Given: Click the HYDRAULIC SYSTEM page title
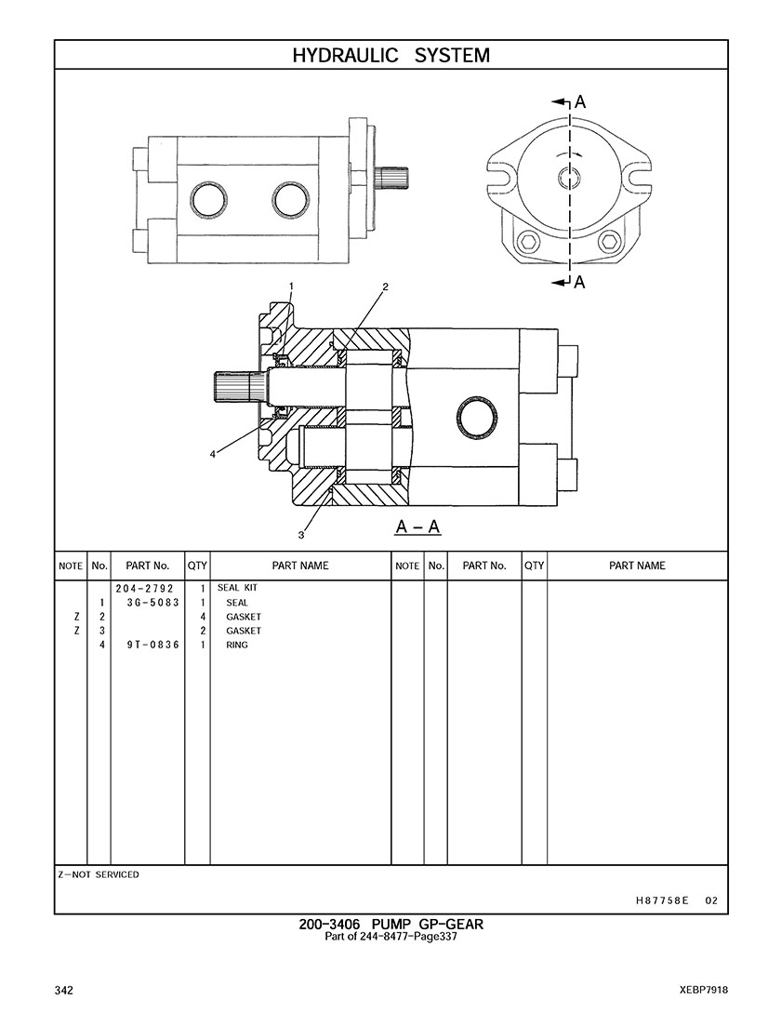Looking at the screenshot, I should coord(390,56).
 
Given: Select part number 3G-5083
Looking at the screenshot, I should coord(152,603).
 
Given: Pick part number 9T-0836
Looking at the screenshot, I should coord(152,645).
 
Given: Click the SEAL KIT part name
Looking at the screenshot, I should coord(237,589).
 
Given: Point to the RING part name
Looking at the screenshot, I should coord(237,645).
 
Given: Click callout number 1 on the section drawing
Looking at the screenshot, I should coord(291,286).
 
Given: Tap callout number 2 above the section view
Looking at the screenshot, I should coord(384,286).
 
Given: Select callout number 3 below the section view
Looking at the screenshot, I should coord(301,535).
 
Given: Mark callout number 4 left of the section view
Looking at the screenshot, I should coord(213,454).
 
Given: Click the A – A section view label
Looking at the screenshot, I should coord(417,528).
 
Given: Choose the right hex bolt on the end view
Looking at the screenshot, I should coord(609,242).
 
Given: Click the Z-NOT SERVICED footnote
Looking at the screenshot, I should coord(99,874).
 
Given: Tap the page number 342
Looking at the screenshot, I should coord(64,990).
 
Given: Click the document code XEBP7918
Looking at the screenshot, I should coord(703,990).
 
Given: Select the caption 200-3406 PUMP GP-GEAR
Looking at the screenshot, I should coord(390,924).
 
